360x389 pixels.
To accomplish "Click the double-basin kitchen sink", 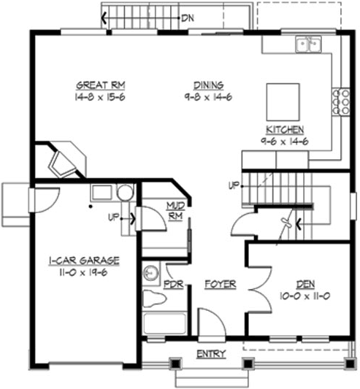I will pos(310,45).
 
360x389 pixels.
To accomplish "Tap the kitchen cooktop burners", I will pos(340,101).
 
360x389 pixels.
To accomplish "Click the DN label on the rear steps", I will pos(187,15).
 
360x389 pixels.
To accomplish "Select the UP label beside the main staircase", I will pos(234,185).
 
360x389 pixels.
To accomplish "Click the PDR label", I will pos(173,284).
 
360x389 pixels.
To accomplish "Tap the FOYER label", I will pos(220,284).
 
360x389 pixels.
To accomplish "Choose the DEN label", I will pos(306,284).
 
